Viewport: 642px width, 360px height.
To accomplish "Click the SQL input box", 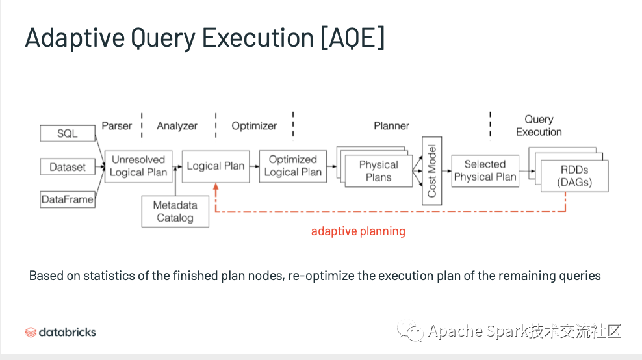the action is [x=68, y=133].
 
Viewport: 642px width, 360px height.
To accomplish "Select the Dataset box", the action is [x=68, y=167].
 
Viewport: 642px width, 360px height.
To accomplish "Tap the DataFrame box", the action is [x=68, y=199].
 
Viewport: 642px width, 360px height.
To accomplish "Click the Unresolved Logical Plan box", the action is [x=138, y=166].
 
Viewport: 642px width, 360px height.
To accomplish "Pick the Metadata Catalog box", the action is [x=175, y=211].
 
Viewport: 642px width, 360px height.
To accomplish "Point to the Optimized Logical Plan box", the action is [x=293, y=166].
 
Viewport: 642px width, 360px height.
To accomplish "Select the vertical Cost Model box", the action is [x=432, y=171].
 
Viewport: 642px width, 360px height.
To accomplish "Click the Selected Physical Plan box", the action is [x=485, y=171].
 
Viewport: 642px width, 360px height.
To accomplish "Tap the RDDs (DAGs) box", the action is [x=574, y=176].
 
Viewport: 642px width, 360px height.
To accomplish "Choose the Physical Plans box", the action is [x=379, y=171].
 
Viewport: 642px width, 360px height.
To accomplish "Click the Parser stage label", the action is [x=117, y=125].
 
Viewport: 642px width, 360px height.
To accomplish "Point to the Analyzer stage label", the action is [x=177, y=125].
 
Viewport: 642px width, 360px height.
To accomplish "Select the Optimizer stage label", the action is [x=254, y=125].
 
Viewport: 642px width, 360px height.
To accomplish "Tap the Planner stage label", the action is [x=391, y=125].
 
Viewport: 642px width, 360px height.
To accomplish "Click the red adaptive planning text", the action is [x=358, y=231].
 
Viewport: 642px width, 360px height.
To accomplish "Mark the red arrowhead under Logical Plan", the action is [x=216, y=186].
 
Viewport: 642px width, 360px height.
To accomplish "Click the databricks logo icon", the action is [x=31, y=332].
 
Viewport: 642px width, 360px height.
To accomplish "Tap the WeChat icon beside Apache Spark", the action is [x=410, y=331].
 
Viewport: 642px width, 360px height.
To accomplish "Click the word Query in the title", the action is [x=163, y=38].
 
